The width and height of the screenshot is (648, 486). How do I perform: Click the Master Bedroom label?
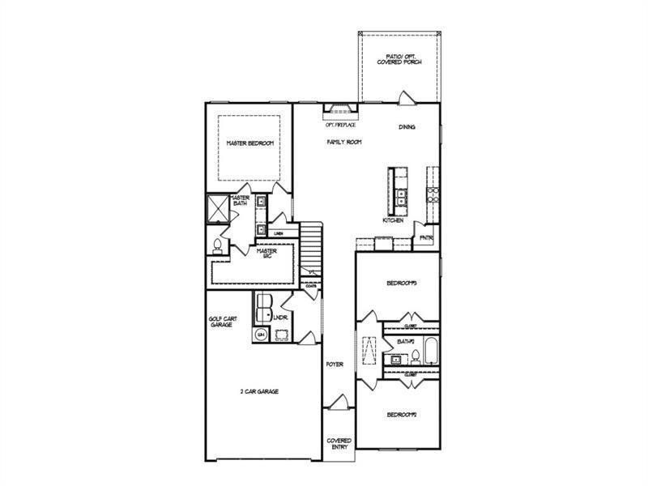[249, 143]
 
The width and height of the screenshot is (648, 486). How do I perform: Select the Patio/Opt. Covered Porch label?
[399, 58]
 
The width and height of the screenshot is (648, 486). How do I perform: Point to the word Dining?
[407, 127]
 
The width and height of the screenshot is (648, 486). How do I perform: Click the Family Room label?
[344, 142]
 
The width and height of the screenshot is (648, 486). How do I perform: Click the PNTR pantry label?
[426, 238]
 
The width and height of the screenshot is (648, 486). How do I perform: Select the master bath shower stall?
[217, 208]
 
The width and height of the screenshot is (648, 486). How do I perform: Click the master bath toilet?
[217, 245]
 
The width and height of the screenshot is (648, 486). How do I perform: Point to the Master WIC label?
[266, 254]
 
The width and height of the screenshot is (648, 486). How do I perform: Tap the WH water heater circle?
[261, 335]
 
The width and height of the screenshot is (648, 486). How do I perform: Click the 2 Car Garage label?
[259, 391]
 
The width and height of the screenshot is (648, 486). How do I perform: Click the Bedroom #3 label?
[401, 283]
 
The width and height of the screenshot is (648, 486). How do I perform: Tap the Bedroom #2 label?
[401, 415]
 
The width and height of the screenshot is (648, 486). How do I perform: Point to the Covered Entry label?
[339, 444]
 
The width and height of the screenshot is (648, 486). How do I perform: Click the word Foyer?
[335, 364]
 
